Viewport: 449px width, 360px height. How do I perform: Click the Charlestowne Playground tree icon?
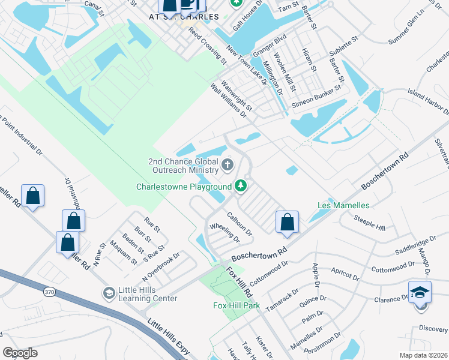[x=241, y=186]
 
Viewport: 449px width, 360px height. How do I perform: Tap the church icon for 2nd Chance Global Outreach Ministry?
[x=228, y=164]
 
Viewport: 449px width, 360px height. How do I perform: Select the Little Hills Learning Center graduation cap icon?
[x=109, y=293]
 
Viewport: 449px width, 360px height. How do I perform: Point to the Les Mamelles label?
[x=343, y=205]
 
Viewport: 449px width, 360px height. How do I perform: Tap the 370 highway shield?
[x=49, y=292]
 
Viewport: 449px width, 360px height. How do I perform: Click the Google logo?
[x=20, y=353]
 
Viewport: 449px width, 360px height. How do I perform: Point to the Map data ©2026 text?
[x=423, y=355]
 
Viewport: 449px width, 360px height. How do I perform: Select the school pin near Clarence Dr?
[x=420, y=294]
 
